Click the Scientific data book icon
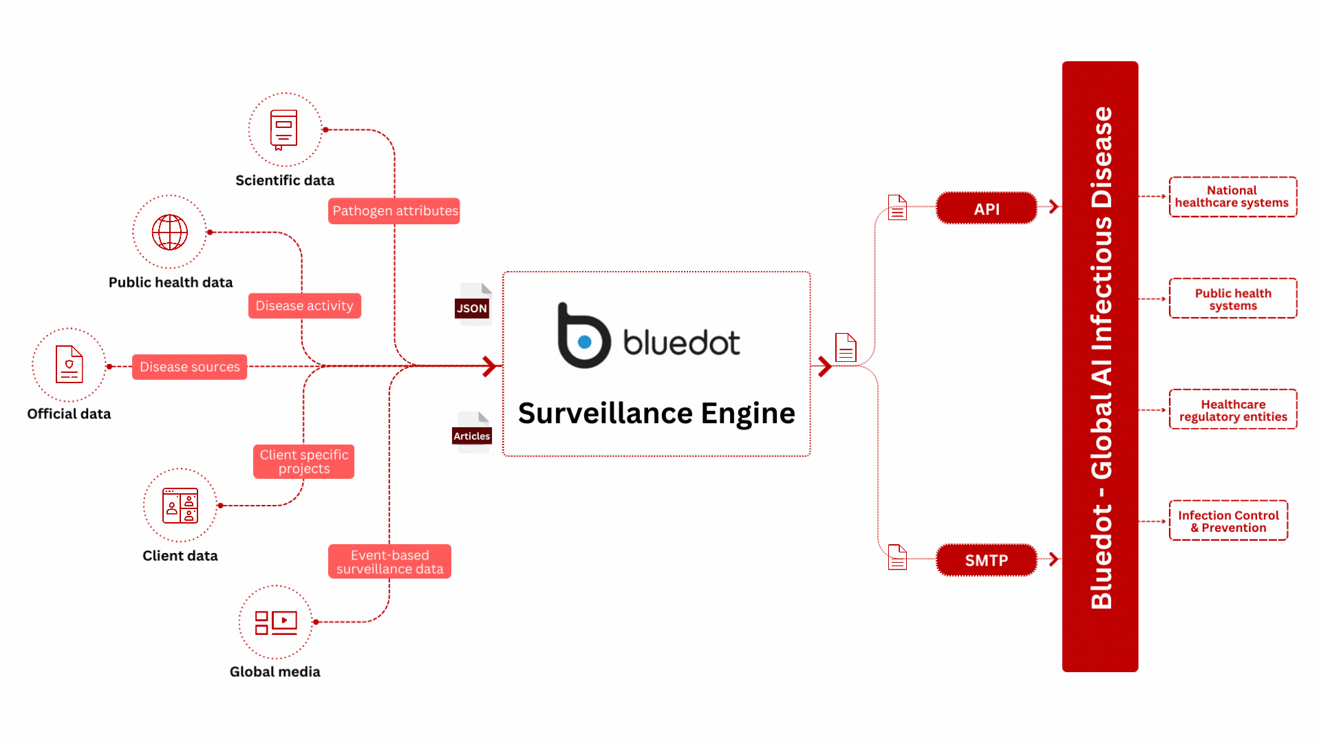283,129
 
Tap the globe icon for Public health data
170,232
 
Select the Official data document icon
69,364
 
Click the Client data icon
180,506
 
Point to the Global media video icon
276,623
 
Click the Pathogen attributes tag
394,211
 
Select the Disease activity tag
305,306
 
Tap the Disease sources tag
190,367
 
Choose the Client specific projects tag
304,462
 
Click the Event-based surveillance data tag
390,562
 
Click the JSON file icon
473,303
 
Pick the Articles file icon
472,432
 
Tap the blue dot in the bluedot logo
585,342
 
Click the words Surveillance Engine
656,413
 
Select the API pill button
987,208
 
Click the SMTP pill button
987,560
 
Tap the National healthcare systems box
1233,197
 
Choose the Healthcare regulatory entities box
1233,410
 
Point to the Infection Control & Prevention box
1229,521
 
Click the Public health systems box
1233,299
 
